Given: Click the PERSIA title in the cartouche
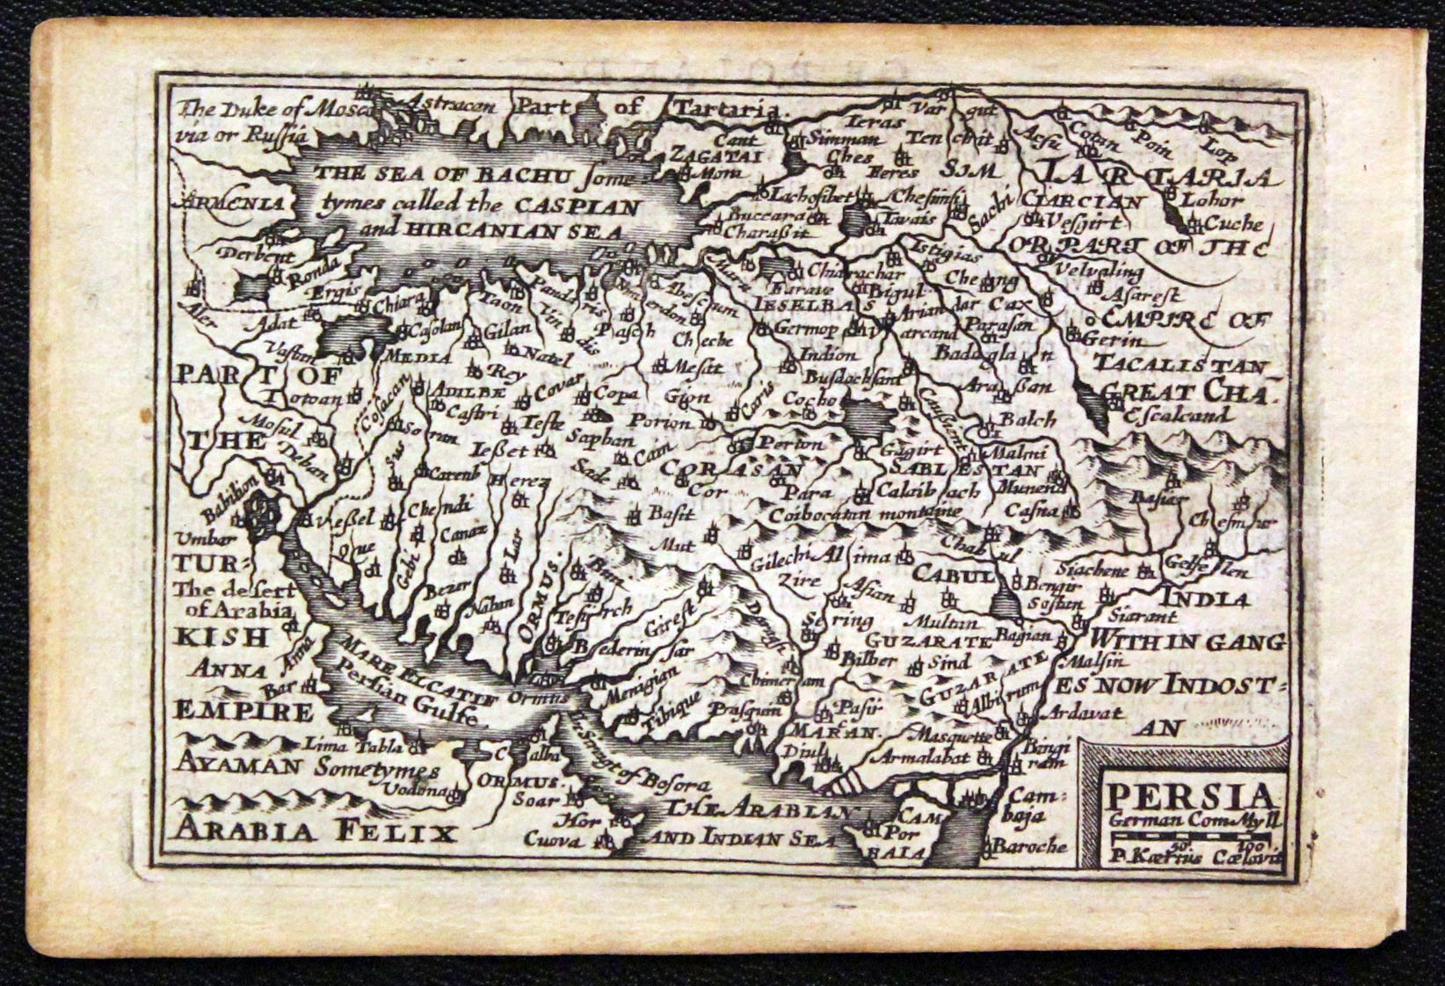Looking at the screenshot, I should click(x=1191, y=796).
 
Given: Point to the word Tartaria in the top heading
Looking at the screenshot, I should click(x=727, y=109).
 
